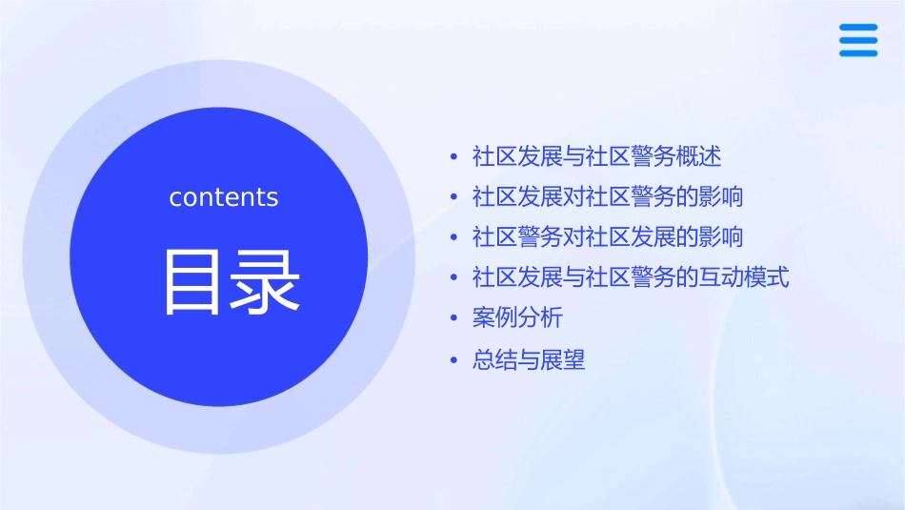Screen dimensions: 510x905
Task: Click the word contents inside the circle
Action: (x=224, y=197)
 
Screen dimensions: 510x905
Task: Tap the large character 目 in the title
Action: (x=192, y=281)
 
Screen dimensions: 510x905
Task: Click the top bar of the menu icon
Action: (x=858, y=28)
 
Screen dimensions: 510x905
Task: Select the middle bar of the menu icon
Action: (x=858, y=40)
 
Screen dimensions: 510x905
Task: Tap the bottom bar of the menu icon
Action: (x=858, y=52)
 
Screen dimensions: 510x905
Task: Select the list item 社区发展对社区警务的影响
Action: (x=608, y=196)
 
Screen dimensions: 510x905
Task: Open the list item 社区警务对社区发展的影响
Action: (x=608, y=236)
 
